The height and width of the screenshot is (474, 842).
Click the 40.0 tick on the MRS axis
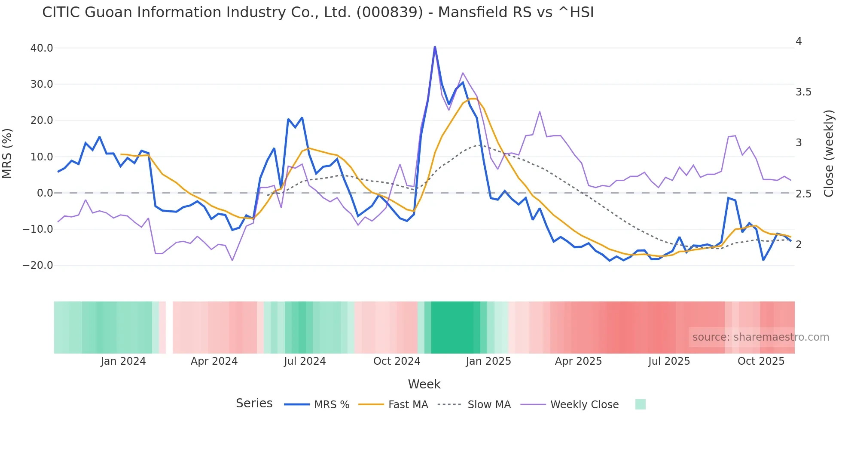point(41,48)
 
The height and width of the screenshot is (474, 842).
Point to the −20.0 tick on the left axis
point(38,265)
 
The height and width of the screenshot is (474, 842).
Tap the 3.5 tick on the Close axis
point(803,92)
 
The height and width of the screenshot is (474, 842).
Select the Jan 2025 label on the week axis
point(488,361)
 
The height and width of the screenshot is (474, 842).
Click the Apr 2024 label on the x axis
point(214,361)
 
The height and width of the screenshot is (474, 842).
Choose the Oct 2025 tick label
point(761,361)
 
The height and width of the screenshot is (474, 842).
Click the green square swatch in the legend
point(640,404)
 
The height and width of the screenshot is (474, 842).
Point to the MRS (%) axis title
point(7,154)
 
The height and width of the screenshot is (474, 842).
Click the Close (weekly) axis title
point(829,154)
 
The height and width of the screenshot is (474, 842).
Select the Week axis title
point(424,384)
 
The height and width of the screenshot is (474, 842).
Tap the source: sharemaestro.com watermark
point(760,337)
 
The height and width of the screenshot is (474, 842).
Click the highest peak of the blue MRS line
point(435,47)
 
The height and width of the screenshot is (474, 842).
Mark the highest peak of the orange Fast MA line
point(473,99)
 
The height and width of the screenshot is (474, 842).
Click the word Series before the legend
point(254,403)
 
